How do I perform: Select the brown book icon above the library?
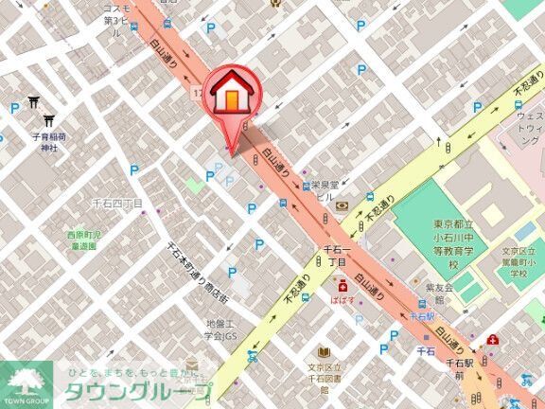pyautogui.click(x=325, y=352)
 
